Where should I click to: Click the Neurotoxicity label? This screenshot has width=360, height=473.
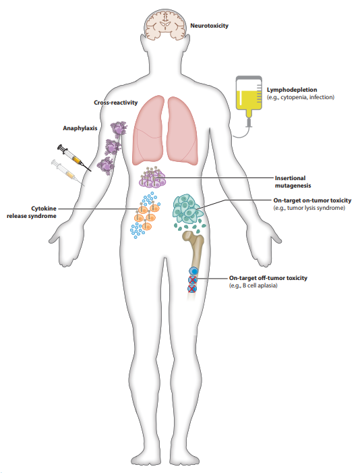(x=209, y=26)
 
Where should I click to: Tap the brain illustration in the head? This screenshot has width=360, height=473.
(x=165, y=25)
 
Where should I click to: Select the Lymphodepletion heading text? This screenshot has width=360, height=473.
(x=292, y=90)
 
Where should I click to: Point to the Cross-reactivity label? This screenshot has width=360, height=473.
(x=116, y=103)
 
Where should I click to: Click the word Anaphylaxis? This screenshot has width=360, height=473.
(x=80, y=128)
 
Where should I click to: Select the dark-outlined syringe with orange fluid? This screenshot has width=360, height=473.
(x=74, y=157)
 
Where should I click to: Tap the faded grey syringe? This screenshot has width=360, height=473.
(x=67, y=172)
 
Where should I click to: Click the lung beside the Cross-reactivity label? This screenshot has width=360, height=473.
(x=148, y=130)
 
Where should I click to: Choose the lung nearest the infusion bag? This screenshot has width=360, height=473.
(x=183, y=130)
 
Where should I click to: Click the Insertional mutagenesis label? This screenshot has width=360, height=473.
(x=293, y=182)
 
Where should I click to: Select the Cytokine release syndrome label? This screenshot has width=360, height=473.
(x=32, y=212)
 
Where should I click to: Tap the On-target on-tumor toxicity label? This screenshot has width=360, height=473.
(x=312, y=200)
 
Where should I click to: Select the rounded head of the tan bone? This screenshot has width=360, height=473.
(x=190, y=238)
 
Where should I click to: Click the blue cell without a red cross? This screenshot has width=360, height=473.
(x=193, y=271)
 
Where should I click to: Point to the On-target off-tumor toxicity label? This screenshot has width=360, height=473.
(x=268, y=278)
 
